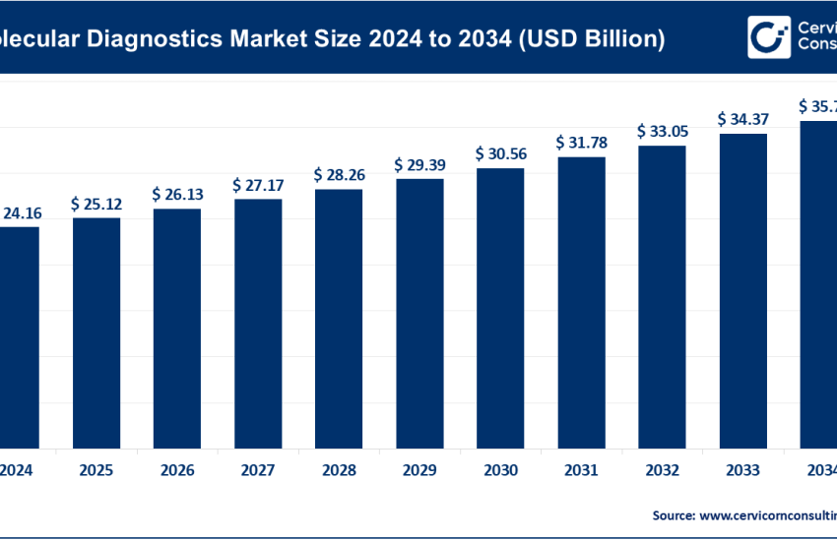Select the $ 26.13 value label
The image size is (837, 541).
(x=177, y=195)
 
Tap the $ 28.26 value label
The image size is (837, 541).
(x=339, y=175)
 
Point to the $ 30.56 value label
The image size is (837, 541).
(x=500, y=153)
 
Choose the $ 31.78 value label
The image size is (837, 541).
(x=581, y=143)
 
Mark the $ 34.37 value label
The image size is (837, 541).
(x=742, y=119)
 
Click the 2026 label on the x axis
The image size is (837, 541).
(x=177, y=470)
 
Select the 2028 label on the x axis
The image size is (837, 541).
(x=339, y=470)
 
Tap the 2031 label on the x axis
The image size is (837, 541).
(x=581, y=470)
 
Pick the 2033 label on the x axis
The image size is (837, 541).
(x=742, y=470)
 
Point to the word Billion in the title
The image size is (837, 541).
(x=621, y=39)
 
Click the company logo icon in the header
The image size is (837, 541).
(x=769, y=37)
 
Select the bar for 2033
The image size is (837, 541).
(x=742, y=289)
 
